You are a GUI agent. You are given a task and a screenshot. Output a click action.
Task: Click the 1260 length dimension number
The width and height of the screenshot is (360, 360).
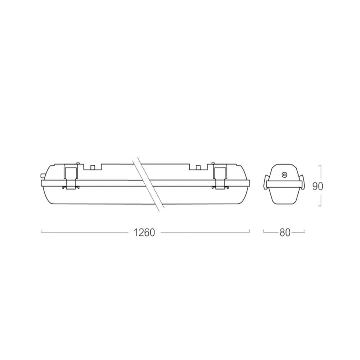click(x=144, y=233)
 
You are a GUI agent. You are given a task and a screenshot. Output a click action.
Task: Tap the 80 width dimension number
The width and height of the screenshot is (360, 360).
click(x=285, y=233)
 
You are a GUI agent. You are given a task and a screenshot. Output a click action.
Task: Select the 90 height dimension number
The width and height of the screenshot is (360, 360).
click(x=318, y=186)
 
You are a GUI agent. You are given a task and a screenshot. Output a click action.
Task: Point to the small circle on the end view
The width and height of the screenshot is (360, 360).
click(x=284, y=175)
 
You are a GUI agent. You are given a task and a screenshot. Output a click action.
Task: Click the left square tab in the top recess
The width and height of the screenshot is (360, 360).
click(x=93, y=167)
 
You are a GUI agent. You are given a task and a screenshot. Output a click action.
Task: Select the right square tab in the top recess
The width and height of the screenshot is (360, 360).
click(x=198, y=167)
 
